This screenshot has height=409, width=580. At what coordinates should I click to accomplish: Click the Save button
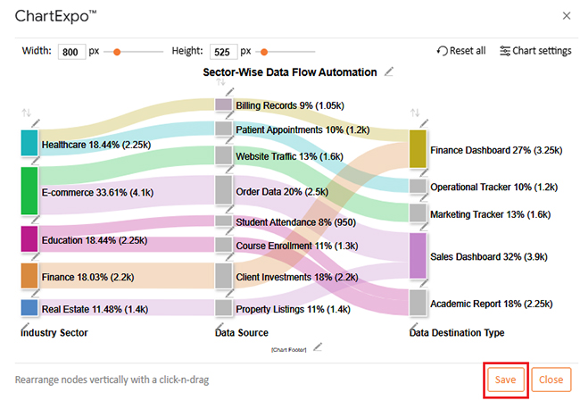pos(506,380)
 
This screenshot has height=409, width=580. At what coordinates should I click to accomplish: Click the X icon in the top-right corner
pos(567,15)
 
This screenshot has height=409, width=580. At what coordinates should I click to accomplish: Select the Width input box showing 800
pos(70,52)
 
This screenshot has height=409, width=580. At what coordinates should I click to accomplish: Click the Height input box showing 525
pos(220,52)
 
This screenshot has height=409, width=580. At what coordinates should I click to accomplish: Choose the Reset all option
pos(461,51)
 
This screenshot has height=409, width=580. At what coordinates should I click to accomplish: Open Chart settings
pos(535,51)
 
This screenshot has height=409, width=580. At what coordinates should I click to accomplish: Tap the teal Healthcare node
pos(29,143)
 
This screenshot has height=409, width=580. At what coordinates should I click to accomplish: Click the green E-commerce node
pos(29,190)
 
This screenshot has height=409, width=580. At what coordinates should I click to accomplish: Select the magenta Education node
pos(29,239)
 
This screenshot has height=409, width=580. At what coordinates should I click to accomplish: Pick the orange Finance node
pos(29,276)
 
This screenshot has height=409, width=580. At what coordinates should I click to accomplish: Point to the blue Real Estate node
pos(29,308)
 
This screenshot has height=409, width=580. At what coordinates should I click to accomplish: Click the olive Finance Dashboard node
pos(418,150)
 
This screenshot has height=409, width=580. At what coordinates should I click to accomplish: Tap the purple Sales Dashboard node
pos(418,255)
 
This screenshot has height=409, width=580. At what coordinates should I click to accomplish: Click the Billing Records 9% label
pos(289,105)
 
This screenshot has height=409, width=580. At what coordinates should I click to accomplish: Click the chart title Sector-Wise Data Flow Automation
pos(290,72)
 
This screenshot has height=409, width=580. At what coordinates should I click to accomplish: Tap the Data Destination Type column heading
pos(456,333)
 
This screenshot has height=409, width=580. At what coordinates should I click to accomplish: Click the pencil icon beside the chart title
pos(388,72)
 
